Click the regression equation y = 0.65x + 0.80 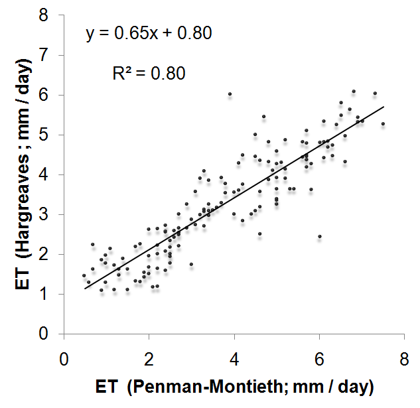[x=149, y=33]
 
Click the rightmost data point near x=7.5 [x=383, y=124]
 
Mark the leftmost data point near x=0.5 [x=84, y=275]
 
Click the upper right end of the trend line [x=384, y=106]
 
